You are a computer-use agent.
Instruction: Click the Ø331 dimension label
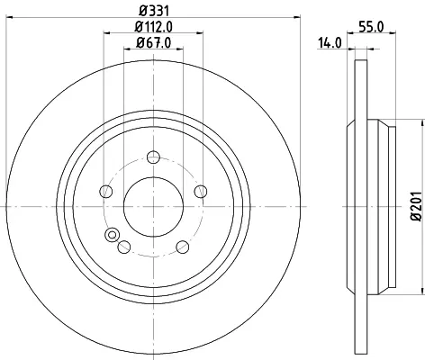click(x=154, y=11)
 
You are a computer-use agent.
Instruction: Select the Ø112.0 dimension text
click(x=154, y=27)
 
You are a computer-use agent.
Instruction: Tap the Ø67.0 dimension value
click(x=154, y=42)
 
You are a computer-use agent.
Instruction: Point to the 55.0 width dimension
click(x=372, y=27)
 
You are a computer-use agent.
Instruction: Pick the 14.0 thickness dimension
click(x=330, y=43)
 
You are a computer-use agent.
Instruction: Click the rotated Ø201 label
click(x=417, y=206)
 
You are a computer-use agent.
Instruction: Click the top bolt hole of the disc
click(x=153, y=157)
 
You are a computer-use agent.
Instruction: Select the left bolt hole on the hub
click(x=105, y=192)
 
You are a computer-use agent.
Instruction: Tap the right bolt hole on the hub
click(x=201, y=192)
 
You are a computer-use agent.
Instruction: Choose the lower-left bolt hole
click(x=124, y=247)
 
